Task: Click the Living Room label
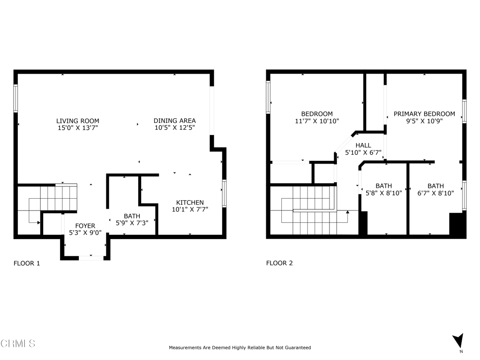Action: coord(78,121)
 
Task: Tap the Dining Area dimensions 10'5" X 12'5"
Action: coord(174,127)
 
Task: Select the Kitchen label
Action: coord(190,202)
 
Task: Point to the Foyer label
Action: coord(85,226)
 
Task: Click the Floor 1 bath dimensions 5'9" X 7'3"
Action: coord(132,223)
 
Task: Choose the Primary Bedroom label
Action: coord(424,114)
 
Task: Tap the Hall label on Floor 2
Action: coord(363,145)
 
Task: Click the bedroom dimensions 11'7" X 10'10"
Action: coord(317,121)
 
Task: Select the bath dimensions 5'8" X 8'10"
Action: coord(383,193)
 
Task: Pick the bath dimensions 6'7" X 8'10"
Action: coord(435,193)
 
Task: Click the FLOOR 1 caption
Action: coord(27,263)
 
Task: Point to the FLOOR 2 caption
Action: coord(279,263)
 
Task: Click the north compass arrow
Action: coord(458,341)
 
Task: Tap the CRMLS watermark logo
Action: coord(18,343)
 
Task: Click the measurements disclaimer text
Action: coord(240,347)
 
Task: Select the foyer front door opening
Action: coord(91,258)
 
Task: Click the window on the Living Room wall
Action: coord(15,98)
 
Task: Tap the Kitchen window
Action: coord(224,194)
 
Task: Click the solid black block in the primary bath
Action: coord(457,224)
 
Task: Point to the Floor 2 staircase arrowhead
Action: coord(347,211)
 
